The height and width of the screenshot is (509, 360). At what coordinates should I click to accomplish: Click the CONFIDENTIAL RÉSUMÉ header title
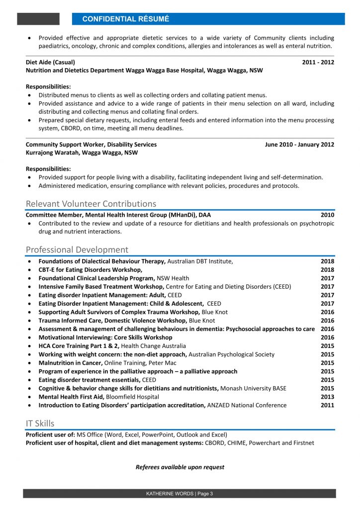[125, 19]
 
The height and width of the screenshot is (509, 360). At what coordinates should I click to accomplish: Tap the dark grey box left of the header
[38, 19]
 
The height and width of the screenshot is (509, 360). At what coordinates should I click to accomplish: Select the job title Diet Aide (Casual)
[50, 62]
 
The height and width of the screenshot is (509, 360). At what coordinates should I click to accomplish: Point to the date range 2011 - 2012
[318, 62]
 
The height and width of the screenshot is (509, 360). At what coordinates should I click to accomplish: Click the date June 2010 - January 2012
[299, 144]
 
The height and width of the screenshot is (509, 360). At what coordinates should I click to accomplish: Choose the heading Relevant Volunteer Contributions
[91, 204]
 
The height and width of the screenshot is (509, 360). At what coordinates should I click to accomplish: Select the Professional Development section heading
[77, 250]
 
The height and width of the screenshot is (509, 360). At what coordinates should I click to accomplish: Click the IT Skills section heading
[40, 424]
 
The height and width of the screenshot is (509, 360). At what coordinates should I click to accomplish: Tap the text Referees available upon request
[180, 467]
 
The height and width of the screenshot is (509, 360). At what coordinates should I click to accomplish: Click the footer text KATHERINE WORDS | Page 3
[180, 494]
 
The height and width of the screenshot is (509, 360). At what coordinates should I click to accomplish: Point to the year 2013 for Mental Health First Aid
[327, 397]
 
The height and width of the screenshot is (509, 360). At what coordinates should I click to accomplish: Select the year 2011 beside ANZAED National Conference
[327, 405]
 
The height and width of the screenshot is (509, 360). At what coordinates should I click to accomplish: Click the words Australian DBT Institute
[199, 261]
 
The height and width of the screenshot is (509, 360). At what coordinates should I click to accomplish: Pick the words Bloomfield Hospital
[135, 397]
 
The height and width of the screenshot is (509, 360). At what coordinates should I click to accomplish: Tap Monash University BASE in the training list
[253, 388]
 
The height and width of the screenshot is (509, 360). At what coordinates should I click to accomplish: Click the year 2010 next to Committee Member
[327, 215]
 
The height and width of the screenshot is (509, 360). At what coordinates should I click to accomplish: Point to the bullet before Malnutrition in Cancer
[31, 363]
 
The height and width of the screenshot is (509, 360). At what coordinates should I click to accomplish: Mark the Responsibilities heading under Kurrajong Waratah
[48, 169]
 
